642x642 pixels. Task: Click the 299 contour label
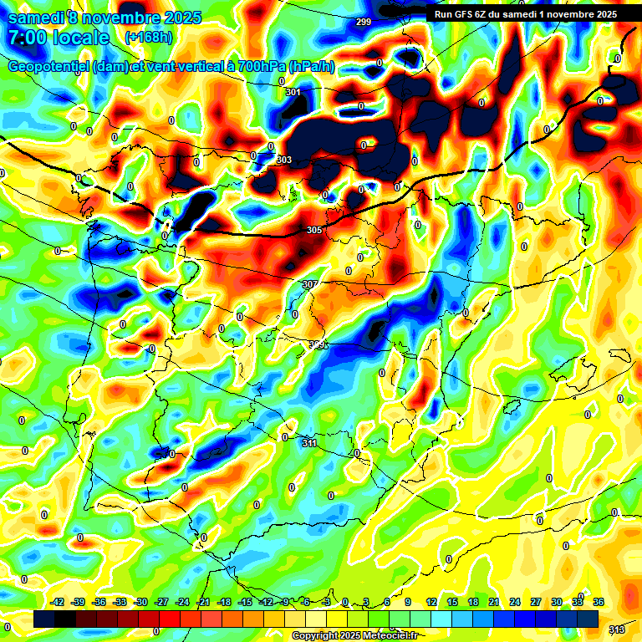364,22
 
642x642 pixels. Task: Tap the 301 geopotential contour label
293,92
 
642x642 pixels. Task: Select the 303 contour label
284,160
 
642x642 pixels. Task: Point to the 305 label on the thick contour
314,230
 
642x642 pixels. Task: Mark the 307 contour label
309,284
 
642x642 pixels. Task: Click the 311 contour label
309,443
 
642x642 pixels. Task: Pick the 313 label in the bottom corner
616,629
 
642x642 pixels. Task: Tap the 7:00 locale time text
59,38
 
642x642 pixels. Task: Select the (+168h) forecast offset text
149,38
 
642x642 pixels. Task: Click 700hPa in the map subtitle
251,66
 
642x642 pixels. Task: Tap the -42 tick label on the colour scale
58,602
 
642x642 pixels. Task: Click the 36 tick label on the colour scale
599,602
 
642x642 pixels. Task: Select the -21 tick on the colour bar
203,602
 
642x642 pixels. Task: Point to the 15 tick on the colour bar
452,602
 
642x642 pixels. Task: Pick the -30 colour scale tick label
140,602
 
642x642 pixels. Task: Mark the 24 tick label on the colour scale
515,602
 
